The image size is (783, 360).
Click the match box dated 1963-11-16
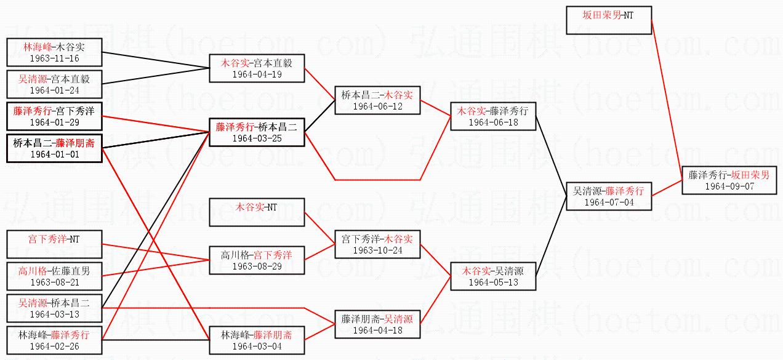coord(54,52)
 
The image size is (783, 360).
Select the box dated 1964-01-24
coord(54,84)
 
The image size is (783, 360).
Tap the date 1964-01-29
coord(54,122)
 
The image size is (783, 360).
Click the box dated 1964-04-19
coord(257,68)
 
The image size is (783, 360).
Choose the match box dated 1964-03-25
coord(257,132)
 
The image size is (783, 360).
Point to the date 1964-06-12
coord(378,106)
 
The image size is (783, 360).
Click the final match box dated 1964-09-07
coord(729,180)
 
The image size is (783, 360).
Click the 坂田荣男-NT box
coord(608,20)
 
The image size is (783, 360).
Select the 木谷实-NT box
coord(257,212)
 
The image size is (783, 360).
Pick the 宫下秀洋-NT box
coord(54,244)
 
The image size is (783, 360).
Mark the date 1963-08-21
coord(54,282)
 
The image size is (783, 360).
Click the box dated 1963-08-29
coord(257,260)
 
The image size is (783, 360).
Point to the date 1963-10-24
coord(378,250)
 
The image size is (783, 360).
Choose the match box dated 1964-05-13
coord(493,276)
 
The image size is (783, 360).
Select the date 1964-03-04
coord(257,346)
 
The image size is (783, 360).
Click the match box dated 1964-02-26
coord(54,340)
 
